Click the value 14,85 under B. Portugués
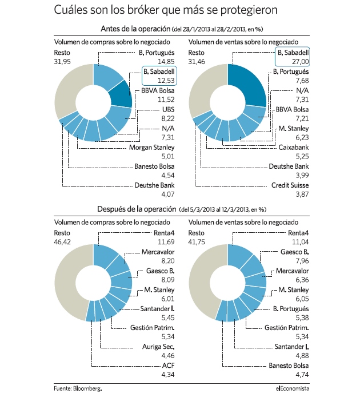[166, 61]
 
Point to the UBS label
[168, 109]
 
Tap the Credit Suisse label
[290, 185]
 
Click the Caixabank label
[293, 148]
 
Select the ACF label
[168, 366]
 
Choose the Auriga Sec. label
[158, 347]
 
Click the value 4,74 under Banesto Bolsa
[302, 375]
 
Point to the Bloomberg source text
[87, 388]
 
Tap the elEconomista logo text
[293, 388]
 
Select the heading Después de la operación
[137, 209]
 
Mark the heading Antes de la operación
[135, 29]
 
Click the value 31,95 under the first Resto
[62, 61]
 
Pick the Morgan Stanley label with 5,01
[151, 148]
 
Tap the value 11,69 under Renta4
[166, 242]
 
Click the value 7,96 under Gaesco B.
[302, 261]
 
